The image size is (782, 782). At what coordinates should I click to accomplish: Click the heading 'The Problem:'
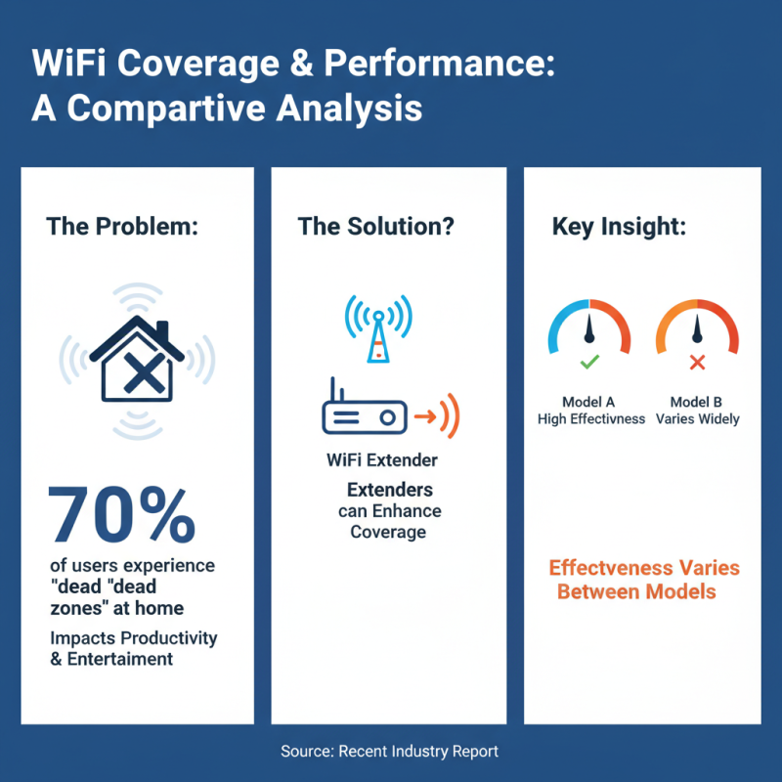(x=122, y=227)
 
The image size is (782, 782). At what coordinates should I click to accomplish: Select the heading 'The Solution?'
(x=376, y=227)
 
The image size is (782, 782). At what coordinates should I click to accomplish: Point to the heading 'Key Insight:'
(x=620, y=227)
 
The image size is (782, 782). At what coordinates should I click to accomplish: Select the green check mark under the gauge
(x=588, y=363)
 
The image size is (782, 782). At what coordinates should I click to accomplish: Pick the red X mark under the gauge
(x=697, y=363)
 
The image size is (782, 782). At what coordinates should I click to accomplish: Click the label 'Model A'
(x=590, y=402)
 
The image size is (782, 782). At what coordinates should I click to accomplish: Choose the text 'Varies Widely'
(x=698, y=419)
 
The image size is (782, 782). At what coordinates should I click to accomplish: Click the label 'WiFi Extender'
(x=382, y=459)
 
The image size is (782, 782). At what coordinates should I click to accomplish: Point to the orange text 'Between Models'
(x=636, y=591)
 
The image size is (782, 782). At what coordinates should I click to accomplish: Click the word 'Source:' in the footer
(x=306, y=752)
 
